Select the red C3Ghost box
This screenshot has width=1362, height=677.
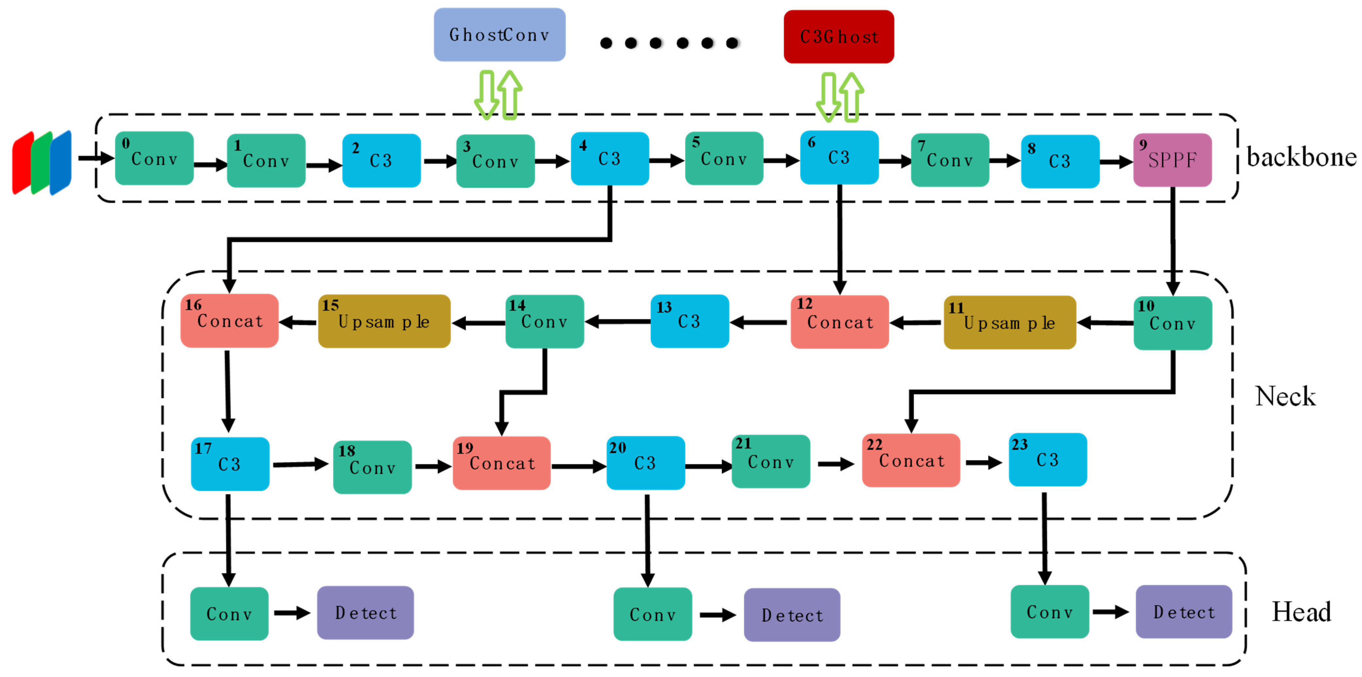click(839, 37)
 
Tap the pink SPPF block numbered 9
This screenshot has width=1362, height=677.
click(1172, 160)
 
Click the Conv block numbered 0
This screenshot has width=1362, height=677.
click(154, 158)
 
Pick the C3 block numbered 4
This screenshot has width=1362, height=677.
click(610, 158)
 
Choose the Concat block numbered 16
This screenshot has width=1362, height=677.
click(230, 320)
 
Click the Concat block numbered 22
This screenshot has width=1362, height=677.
click(911, 460)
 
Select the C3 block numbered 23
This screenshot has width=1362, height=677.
click(1047, 459)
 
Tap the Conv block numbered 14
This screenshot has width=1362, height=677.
click(545, 321)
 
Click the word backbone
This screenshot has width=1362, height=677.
click(1301, 157)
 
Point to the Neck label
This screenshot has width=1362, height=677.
click(1285, 397)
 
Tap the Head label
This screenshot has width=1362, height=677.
click(1301, 612)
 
